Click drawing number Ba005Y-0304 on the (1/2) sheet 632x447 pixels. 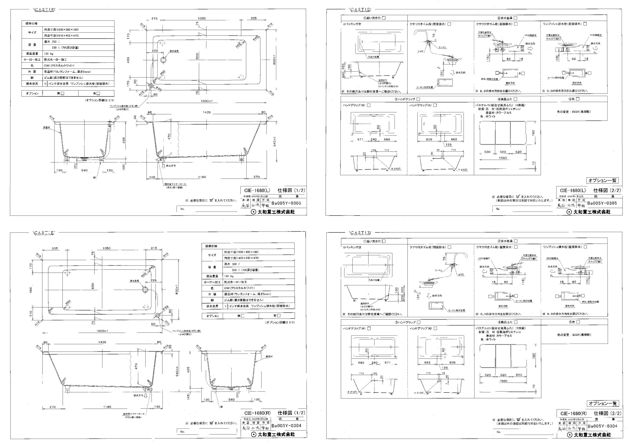[x=286, y=426]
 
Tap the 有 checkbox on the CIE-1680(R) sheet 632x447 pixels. [x=279, y=316]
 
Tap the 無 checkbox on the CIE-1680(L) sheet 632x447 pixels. [x=62, y=93]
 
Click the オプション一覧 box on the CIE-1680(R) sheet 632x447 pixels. [x=603, y=404]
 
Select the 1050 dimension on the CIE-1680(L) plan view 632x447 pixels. [x=202, y=18]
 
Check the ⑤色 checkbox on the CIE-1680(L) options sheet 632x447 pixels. [x=577, y=99]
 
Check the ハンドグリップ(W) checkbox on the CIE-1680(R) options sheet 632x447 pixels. [x=369, y=328]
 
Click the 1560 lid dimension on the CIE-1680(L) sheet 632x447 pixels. [x=503, y=158]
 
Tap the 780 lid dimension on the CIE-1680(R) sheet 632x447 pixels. [x=533, y=356]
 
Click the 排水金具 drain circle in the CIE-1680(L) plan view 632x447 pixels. [x=164, y=60]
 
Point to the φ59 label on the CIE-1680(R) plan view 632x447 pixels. [x=166, y=307]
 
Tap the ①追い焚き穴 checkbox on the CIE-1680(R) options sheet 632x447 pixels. [x=384, y=241]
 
